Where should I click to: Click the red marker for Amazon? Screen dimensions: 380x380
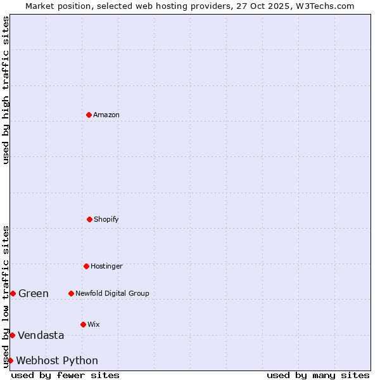click(89, 115)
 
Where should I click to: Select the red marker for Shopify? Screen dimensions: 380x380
click(89, 219)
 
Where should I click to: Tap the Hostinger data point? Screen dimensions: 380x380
click(86, 266)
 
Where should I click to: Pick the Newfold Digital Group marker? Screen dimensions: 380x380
click(71, 293)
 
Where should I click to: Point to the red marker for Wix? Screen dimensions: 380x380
click(83, 324)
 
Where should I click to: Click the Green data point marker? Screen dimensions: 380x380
click(13, 293)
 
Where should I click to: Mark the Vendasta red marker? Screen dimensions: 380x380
click(12, 335)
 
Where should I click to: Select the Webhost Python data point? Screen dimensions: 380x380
click(10, 360)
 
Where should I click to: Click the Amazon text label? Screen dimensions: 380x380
click(106, 115)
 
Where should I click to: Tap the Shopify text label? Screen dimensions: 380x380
click(106, 219)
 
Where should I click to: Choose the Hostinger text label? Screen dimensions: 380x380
click(106, 266)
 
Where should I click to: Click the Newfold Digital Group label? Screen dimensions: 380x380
click(113, 293)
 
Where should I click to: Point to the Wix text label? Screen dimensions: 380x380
click(94, 324)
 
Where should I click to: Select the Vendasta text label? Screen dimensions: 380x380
click(41, 335)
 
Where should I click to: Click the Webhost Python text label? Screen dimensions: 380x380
click(57, 360)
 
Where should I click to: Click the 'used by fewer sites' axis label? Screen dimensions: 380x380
click(65, 375)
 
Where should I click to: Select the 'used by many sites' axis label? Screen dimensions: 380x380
click(318, 375)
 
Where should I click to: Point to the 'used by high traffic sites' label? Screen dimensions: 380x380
click(6, 90)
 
